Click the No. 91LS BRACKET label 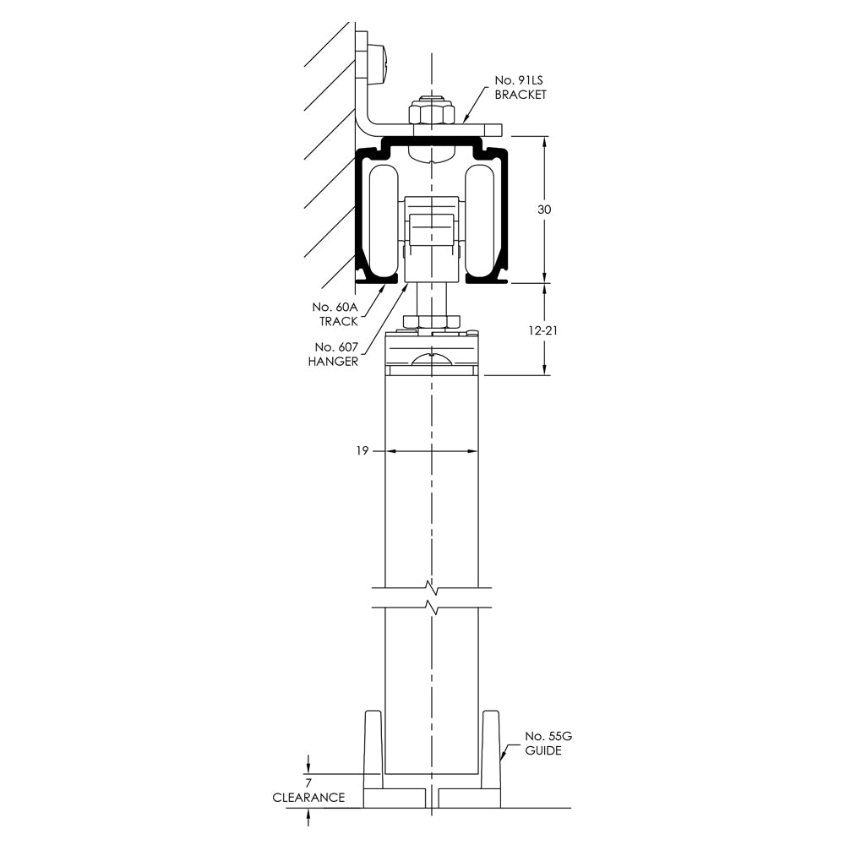520,88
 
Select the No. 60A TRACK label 335,313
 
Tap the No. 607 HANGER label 336,354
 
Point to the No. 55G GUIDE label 542,743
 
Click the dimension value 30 545,210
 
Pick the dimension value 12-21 542,330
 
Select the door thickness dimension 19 362,451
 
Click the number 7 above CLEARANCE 308,782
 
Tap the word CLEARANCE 308,798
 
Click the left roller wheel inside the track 384,222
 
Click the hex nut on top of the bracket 431,112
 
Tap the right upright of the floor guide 490,749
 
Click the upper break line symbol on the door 432,586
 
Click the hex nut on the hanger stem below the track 431,320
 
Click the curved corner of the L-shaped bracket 365,127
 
